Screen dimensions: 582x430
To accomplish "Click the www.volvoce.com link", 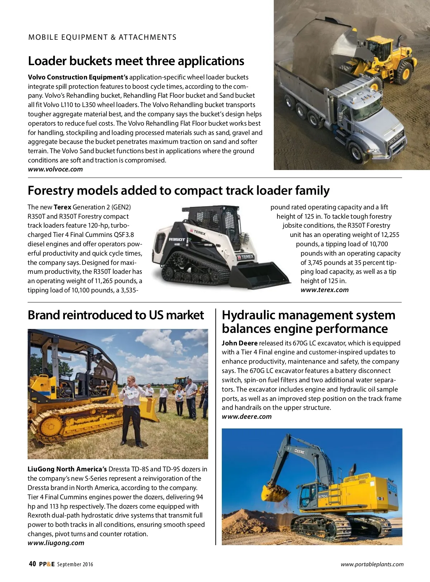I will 55,169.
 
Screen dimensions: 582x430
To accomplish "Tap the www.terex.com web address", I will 324,290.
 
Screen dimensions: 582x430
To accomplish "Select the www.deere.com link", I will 247,417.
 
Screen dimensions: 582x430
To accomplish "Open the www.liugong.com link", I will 56,543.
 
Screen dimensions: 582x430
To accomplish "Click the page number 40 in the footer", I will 32,564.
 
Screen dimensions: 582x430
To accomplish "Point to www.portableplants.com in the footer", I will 372,564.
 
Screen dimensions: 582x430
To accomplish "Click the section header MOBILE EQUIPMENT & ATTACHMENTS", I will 102,37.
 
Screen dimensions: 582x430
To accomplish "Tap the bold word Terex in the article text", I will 62,207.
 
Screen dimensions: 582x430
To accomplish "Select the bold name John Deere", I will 239,343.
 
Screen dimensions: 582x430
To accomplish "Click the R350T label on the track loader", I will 177,239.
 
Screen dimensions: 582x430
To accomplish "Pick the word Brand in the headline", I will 43,315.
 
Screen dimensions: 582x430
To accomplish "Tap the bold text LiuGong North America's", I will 67,469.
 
